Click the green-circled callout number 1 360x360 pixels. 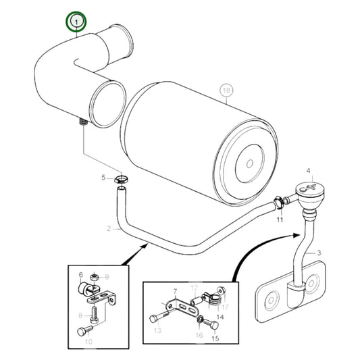click(x=76, y=23)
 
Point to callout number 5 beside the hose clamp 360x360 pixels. click(x=104, y=178)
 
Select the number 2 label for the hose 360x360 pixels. click(x=107, y=228)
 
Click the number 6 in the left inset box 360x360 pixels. click(x=81, y=275)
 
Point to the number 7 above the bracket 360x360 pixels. click(x=174, y=291)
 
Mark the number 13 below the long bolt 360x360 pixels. click(x=157, y=331)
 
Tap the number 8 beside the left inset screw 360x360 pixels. click(x=80, y=315)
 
